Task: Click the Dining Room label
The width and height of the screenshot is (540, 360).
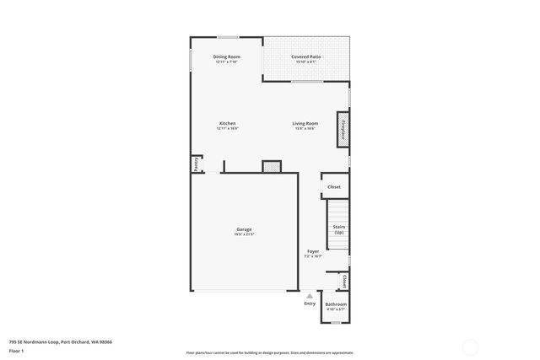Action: tap(227, 56)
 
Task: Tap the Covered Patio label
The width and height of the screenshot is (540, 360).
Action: tap(305, 56)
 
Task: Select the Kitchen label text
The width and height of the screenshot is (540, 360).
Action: tap(227, 123)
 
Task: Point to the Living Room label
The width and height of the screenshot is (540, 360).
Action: tap(305, 123)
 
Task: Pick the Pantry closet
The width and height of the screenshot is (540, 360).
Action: tap(197, 164)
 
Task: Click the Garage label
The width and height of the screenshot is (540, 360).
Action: tap(244, 229)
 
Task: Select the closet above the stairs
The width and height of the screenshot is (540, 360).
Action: tap(334, 186)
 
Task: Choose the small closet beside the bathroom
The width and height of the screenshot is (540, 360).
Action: tap(344, 282)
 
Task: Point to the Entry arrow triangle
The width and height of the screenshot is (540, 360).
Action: tap(310, 295)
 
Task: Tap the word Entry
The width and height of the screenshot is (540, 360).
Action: tap(310, 304)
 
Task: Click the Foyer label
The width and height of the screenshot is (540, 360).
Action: tap(313, 251)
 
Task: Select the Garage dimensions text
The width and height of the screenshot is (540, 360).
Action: tap(244, 234)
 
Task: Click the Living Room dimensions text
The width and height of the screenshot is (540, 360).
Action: tap(305, 128)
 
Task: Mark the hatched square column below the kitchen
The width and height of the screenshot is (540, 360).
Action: tap(271, 167)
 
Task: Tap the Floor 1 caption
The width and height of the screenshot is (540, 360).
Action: tap(16, 350)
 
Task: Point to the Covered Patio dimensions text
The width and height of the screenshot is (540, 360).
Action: tap(305, 62)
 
